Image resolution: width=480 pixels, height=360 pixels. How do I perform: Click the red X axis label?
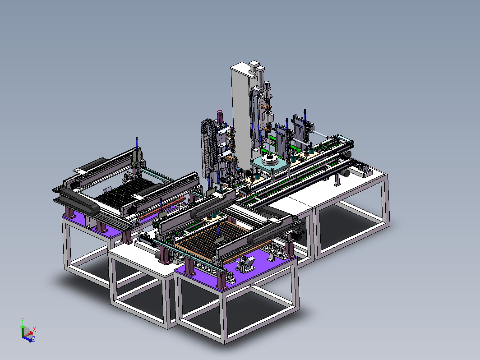pos(34,329)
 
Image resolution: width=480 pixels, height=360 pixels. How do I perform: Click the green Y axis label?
pos(23,320)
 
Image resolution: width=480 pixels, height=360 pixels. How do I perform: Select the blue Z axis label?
pos(34,339)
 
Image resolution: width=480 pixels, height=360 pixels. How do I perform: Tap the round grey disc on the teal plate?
pos(270,159)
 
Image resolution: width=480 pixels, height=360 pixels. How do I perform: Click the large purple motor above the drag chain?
pos(220,117)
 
